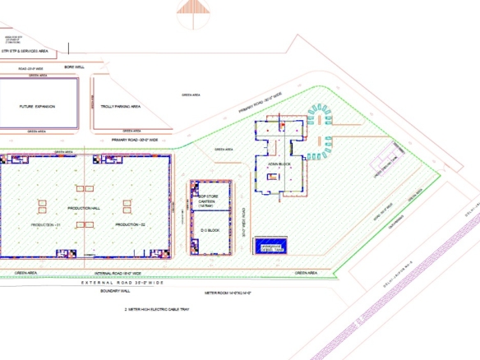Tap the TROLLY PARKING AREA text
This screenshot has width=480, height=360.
[120, 106]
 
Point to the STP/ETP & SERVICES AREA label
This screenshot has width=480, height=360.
[25, 51]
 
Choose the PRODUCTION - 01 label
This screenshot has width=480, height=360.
[45, 224]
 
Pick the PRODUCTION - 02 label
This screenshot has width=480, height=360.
[129, 224]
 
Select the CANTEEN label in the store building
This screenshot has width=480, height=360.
[210, 201]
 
